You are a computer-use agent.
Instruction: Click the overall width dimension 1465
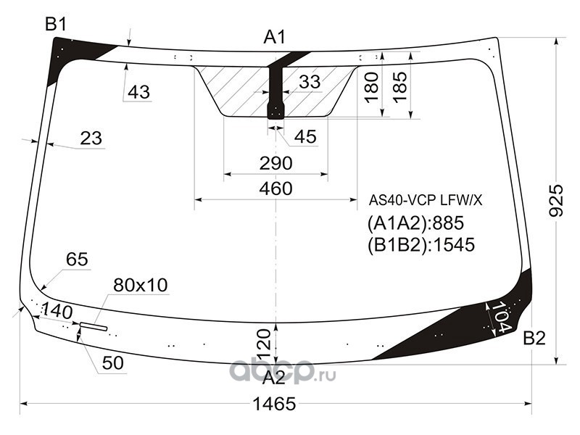[276, 405]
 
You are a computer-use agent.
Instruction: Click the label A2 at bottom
[274, 378]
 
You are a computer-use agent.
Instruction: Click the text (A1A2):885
[415, 223]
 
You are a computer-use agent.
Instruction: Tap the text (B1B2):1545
[420, 245]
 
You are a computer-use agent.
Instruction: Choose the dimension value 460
[275, 189]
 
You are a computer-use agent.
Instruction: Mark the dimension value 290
[275, 163]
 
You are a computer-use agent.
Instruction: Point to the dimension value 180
[371, 87]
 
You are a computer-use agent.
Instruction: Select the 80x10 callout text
[141, 286]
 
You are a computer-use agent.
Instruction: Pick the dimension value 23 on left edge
[91, 138]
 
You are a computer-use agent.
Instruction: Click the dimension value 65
[76, 260]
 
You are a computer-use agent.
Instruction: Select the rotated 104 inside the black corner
[500, 318]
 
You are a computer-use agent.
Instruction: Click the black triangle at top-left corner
[69, 55]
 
